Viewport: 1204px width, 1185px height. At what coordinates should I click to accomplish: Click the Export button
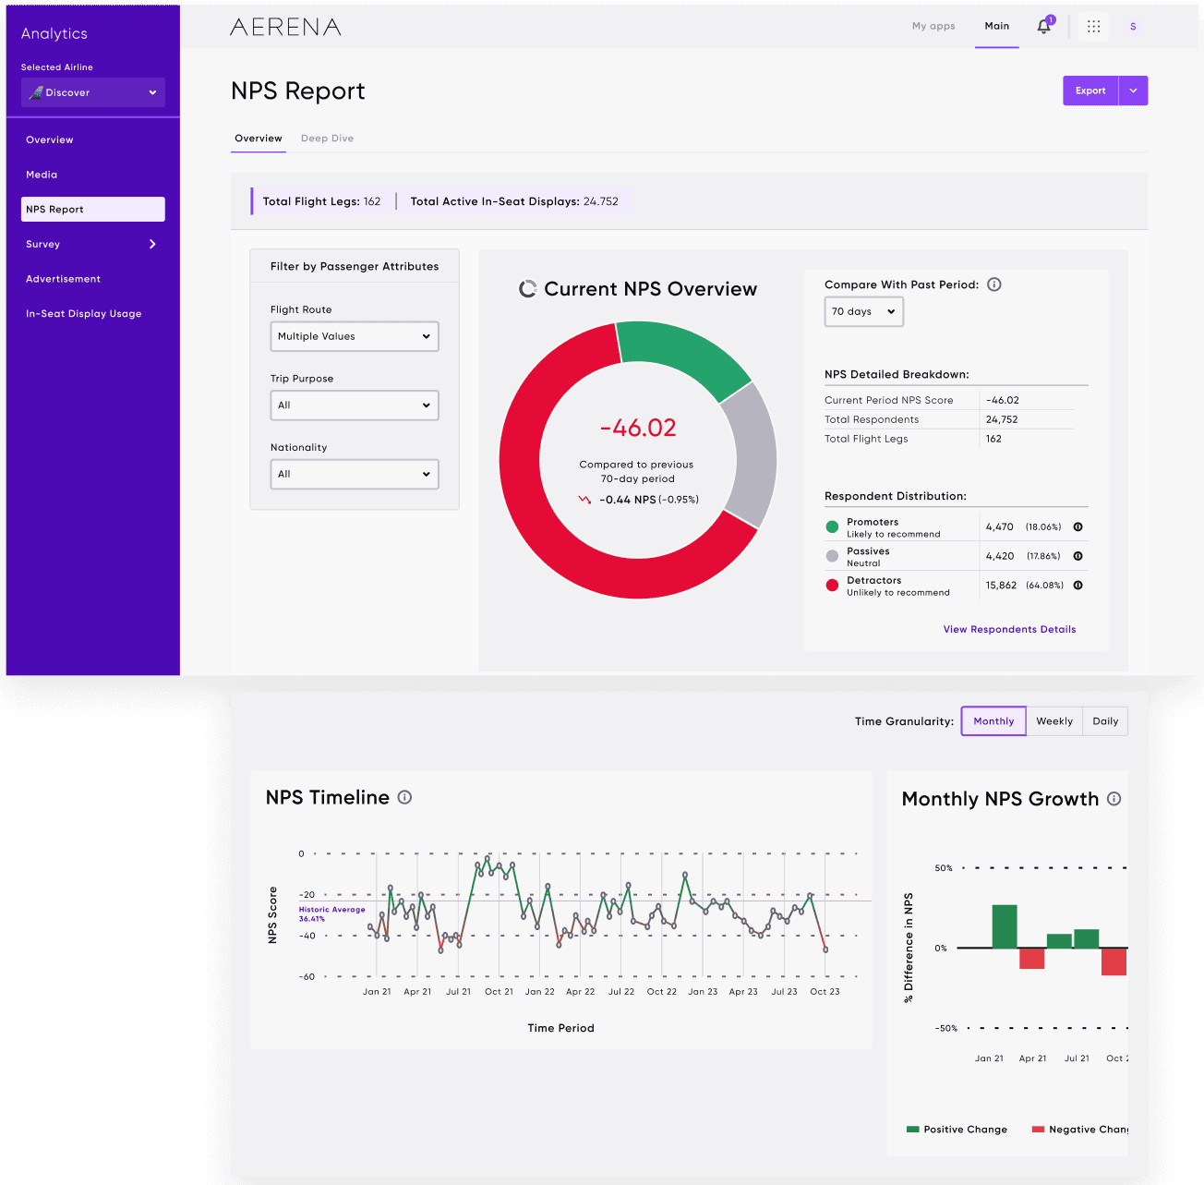(1090, 91)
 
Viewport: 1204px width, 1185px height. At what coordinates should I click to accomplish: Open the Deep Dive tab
(327, 139)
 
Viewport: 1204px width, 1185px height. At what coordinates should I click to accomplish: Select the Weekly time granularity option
(1054, 720)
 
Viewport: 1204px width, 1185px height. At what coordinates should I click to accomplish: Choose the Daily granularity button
(1104, 720)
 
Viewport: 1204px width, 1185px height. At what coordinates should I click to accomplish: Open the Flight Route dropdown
(355, 336)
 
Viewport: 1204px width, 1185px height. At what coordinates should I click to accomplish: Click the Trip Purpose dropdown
(355, 405)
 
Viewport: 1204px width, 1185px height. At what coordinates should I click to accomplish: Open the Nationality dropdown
(355, 474)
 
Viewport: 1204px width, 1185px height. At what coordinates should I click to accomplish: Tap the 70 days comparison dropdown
(863, 311)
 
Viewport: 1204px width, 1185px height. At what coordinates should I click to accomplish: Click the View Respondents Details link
(1009, 629)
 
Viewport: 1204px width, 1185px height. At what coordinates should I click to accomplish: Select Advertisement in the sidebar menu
(63, 279)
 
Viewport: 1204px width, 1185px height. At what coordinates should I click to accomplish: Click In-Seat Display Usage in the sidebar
(84, 314)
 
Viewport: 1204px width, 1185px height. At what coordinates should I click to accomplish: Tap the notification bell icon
(1043, 26)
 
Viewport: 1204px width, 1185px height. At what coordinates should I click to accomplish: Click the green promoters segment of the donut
(684, 351)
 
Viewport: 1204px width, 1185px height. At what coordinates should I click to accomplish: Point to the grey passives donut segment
(751, 454)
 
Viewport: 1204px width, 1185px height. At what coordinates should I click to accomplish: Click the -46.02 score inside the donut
(638, 428)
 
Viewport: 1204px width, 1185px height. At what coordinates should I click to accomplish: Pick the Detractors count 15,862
(1001, 585)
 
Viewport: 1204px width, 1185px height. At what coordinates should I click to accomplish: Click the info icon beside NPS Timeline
(405, 797)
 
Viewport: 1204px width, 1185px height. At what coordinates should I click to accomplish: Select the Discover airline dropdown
(93, 92)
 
